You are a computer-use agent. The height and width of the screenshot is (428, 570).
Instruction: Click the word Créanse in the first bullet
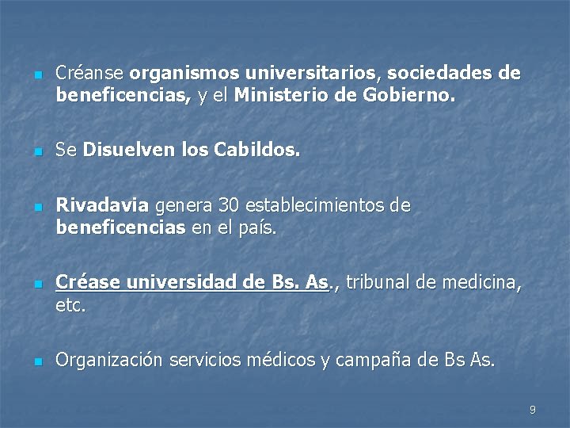pyautogui.click(x=89, y=74)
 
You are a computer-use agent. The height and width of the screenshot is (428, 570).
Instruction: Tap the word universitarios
pyautogui.click(x=313, y=74)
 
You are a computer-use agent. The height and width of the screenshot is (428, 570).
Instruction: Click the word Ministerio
pyautogui.click(x=283, y=97)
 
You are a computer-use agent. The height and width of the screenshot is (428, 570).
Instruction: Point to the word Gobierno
pyautogui.click(x=409, y=97)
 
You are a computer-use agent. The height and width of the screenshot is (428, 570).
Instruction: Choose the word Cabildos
pyautogui.click(x=256, y=150)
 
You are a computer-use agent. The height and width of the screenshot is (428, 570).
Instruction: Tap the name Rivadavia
pyautogui.click(x=102, y=206)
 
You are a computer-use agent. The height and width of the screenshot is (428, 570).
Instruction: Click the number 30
pyautogui.click(x=229, y=206)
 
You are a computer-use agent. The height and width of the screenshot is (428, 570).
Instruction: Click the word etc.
pyautogui.click(x=70, y=305)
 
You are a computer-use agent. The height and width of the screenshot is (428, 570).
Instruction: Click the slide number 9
pyautogui.click(x=532, y=410)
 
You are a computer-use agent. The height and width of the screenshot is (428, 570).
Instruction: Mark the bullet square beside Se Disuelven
pyautogui.click(x=36, y=151)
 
